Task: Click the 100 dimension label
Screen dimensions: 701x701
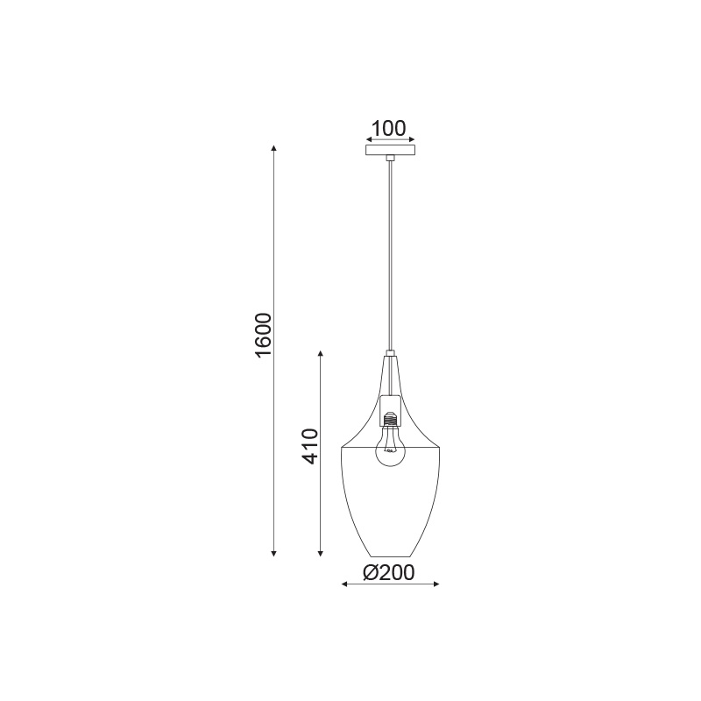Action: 388,128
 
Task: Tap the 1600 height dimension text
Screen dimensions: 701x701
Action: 262,336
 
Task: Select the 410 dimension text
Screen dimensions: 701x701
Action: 309,446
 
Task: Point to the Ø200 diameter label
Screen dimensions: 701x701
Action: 389,573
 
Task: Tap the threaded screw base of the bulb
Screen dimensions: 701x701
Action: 390,419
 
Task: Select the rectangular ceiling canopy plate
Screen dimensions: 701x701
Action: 390,150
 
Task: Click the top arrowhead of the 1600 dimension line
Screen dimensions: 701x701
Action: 274,149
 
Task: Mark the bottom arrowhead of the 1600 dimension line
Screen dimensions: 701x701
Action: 274,553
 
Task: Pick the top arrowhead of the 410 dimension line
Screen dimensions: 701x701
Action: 320,355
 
